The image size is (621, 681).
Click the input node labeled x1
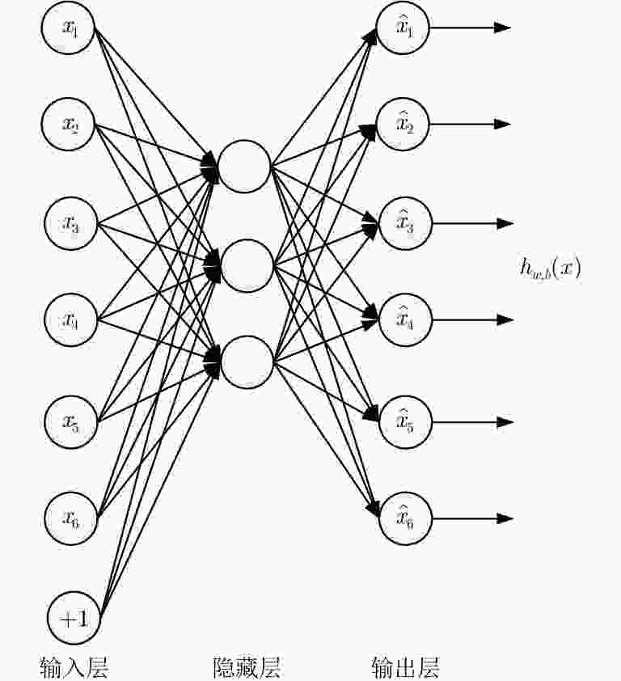pos(68,27)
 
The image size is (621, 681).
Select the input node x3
pos(71,223)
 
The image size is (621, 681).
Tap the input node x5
pos(71,421)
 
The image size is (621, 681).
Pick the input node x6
pos(71,518)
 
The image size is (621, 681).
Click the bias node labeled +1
pos(74,618)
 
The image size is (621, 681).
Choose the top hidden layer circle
pos(244,167)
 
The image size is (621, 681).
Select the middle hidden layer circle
pos(247,266)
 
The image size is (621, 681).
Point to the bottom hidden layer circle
pos(247,362)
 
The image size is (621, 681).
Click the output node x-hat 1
pos(403,27)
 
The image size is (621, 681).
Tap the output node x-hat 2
pos(403,125)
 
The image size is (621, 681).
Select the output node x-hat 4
pos(406,320)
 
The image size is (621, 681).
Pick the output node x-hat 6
pos(406,518)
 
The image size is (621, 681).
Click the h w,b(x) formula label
pos(550,268)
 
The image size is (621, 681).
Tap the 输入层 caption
pos(74,667)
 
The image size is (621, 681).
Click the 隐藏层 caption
pos(247,667)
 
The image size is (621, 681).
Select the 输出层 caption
pos(406,667)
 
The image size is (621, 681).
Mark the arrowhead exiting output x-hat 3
pos(505,224)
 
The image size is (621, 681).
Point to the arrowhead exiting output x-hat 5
pos(505,421)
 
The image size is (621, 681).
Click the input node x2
pos(68,125)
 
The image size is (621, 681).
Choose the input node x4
pos(71,320)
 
